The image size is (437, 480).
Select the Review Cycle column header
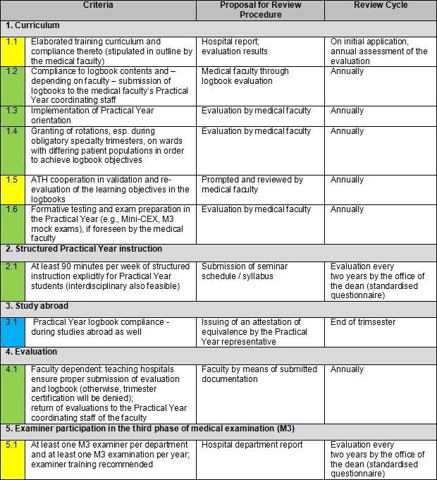tap(379, 6)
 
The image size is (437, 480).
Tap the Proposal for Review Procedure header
tap(260, 10)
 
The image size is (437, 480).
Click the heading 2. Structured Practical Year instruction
tap(84, 249)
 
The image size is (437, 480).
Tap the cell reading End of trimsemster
tap(364, 322)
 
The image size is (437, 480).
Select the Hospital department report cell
tap(252, 445)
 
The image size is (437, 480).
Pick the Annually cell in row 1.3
tap(347, 111)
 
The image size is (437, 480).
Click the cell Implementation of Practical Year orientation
tap(92, 115)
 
